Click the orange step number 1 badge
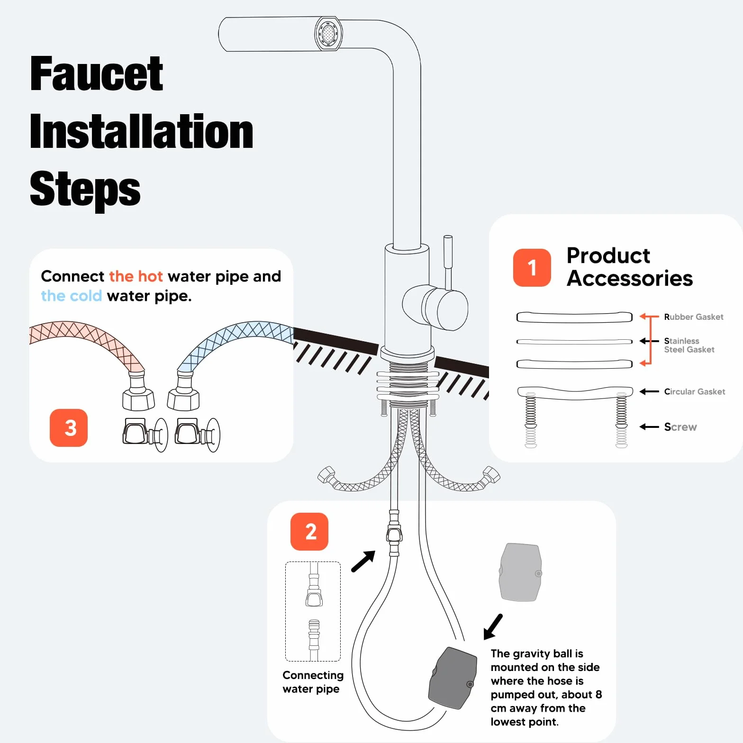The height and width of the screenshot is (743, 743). [532, 268]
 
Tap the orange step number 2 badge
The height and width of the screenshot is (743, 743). [309, 532]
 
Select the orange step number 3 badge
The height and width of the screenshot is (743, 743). [69, 428]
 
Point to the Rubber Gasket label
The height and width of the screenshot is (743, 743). [694, 317]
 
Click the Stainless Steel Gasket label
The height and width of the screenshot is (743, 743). [689, 345]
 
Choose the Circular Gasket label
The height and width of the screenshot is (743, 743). [695, 391]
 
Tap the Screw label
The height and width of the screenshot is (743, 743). [680, 427]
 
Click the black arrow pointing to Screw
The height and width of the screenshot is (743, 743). [649, 427]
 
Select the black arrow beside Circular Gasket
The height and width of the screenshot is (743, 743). [649, 391]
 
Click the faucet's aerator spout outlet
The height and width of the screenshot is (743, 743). [328, 33]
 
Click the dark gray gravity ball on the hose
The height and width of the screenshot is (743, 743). [453, 678]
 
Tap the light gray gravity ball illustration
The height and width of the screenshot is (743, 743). [520, 572]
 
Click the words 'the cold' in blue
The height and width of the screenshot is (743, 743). [72, 296]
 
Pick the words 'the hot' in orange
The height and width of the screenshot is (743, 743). [136, 276]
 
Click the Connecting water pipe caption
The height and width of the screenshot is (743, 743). [313, 682]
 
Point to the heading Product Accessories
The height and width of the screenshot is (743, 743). [630, 267]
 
